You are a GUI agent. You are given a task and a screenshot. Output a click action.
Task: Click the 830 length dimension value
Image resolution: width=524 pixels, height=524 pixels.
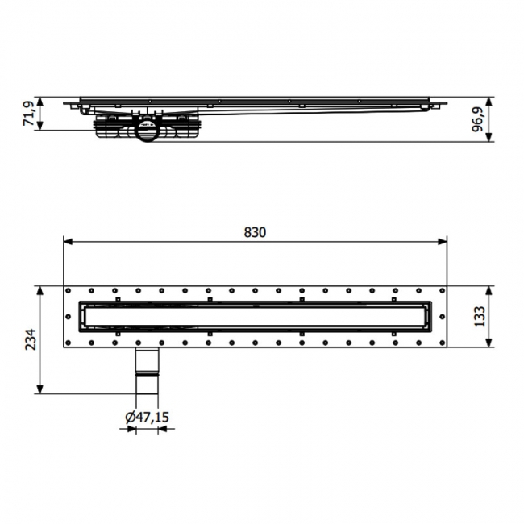pos(254,232)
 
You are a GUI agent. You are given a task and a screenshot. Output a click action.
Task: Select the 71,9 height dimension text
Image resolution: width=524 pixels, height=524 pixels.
pos(30,114)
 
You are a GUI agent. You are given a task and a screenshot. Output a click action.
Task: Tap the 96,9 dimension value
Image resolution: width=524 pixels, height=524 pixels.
pos(480,119)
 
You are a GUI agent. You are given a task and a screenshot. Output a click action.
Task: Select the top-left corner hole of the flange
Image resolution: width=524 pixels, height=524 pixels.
pos(69,291)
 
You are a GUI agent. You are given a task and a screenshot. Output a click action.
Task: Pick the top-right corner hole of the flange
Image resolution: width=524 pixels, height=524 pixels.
pos(441,291)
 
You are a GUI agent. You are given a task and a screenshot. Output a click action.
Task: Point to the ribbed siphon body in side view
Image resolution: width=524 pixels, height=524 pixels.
pos(113,129)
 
